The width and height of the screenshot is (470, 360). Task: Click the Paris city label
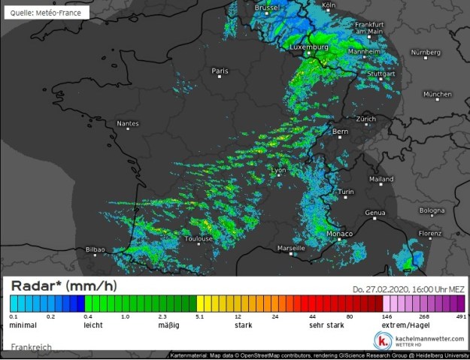point(220,71)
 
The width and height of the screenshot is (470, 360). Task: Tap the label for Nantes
point(127,123)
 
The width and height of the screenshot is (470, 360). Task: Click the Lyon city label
point(278,171)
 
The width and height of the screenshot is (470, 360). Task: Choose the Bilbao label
point(96,249)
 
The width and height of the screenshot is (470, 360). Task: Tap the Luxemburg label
point(309,47)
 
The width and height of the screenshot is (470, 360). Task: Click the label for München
point(437,95)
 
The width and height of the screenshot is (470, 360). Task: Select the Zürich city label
point(365,119)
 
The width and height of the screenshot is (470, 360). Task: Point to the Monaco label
point(341,234)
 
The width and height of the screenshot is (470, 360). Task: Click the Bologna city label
point(432,210)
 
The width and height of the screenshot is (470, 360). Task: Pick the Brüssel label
point(267,8)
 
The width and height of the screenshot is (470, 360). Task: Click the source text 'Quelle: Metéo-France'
point(46,13)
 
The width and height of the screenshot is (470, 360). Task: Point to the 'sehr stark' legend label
point(326,326)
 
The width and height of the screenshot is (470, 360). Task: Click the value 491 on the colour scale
point(460,317)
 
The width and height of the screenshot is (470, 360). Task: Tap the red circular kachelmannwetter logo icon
point(382,340)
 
